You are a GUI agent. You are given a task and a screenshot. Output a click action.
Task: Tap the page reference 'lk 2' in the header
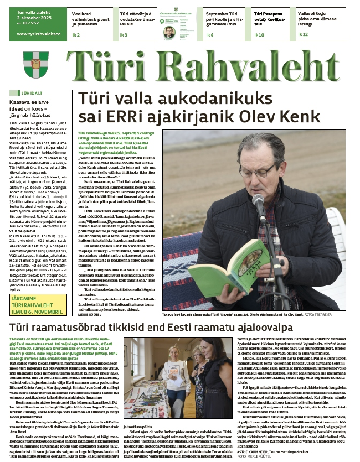tap(76, 34)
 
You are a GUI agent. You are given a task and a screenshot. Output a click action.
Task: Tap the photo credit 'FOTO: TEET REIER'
tap(330, 314)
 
